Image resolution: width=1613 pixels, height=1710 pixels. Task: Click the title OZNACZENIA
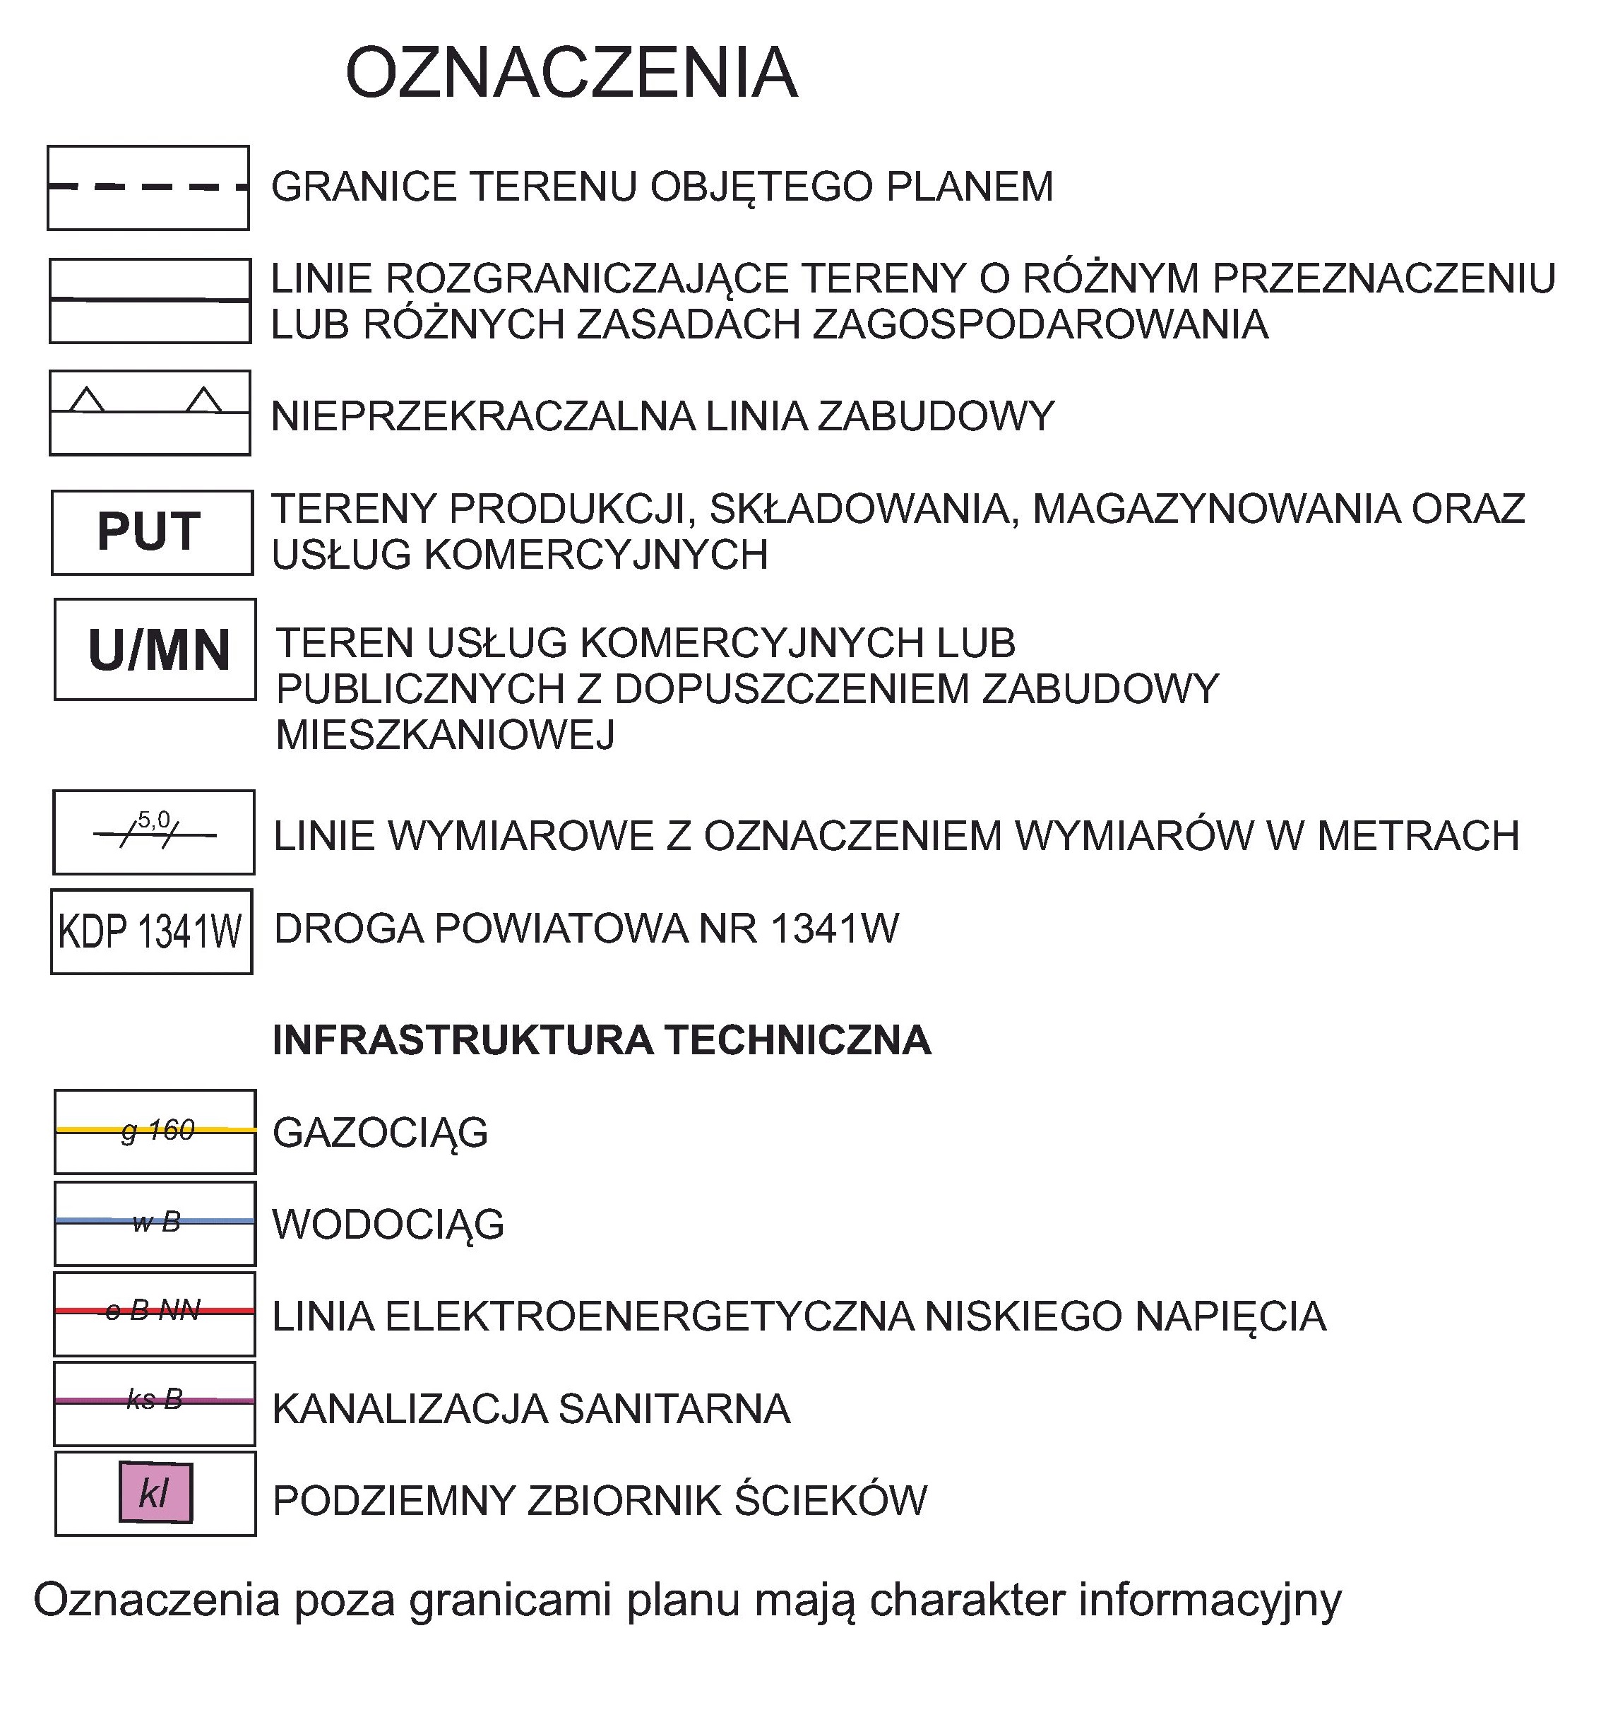click(x=571, y=74)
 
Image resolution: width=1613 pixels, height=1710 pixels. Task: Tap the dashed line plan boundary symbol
click(x=148, y=187)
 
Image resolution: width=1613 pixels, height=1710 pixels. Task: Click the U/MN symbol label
click(x=158, y=650)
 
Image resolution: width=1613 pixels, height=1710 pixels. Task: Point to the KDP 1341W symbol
click(x=150, y=931)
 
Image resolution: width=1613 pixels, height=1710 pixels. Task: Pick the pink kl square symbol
click(x=155, y=1494)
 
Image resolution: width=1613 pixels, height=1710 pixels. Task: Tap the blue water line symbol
click(x=155, y=1222)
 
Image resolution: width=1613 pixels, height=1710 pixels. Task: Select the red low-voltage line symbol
click(x=155, y=1311)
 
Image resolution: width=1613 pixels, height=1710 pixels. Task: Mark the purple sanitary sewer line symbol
click(x=155, y=1401)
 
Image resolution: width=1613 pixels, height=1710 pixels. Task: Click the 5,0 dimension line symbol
click(x=154, y=832)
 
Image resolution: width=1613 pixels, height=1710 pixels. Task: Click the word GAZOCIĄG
click(x=380, y=1133)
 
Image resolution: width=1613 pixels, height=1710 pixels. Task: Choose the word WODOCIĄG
click(x=388, y=1224)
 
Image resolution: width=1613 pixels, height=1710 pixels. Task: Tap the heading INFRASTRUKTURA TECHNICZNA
click(x=601, y=1040)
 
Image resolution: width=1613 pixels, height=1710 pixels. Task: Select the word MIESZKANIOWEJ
click(x=446, y=735)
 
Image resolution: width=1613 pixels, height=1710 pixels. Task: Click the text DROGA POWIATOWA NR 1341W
click(x=585, y=929)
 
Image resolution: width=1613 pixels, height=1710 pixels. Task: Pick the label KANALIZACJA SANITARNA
click(x=530, y=1409)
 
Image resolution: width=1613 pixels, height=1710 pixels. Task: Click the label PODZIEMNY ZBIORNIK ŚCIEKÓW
click(x=600, y=1500)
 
